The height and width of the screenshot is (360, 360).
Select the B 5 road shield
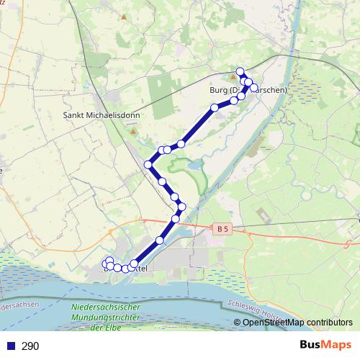click(x=222, y=229)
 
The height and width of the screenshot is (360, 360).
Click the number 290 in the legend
click(x=31, y=346)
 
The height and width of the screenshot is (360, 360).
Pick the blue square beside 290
click(x=11, y=346)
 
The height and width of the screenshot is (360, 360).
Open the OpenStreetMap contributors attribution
click(x=297, y=323)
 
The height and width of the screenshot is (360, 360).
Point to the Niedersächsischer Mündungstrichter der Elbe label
click(x=105, y=318)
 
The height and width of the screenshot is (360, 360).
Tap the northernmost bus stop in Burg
click(x=240, y=71)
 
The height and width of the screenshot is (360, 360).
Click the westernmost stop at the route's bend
click(x=148, y=164)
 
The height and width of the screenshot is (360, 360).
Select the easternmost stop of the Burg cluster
click(x=254, y=88)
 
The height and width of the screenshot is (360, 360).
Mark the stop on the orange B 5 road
click(x=176, y=219)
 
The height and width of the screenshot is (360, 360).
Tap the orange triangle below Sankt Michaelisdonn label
click(x=132, y=131)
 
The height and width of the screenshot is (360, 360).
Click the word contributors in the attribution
click(x=328, y=323)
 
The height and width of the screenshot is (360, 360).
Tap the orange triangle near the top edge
click(x=123, y=16)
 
